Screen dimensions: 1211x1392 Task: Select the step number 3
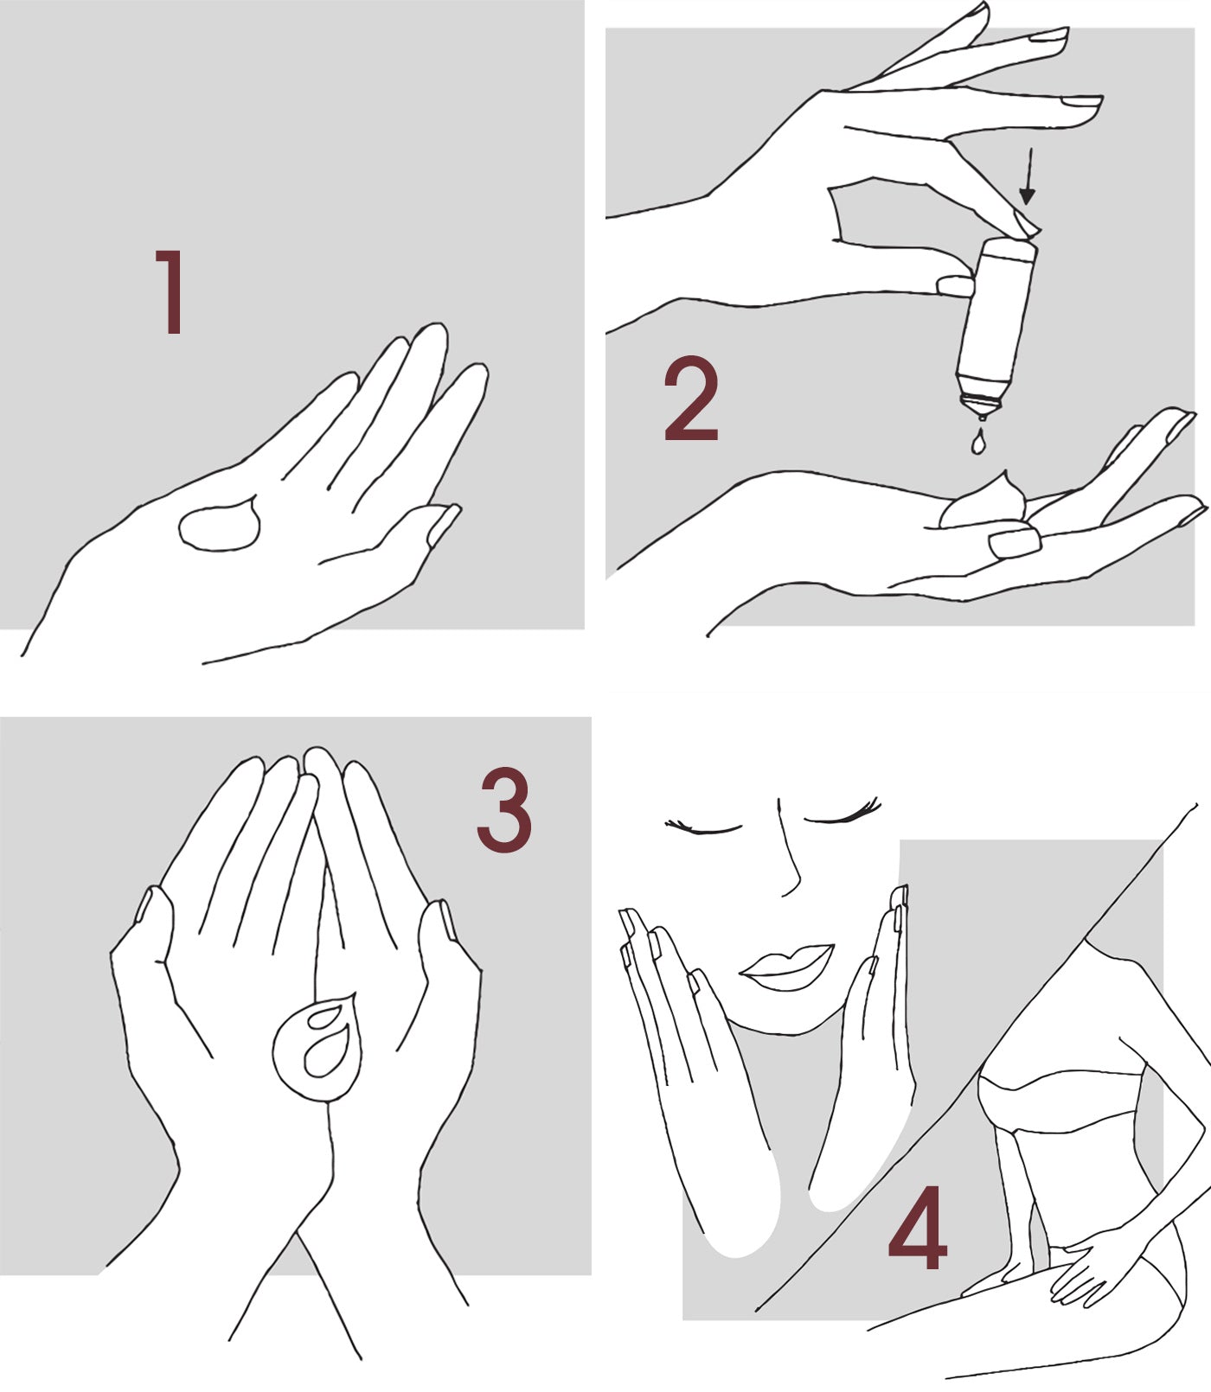(x=504, y=812)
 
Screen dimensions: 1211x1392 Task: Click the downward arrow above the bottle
(x=1027, y=176)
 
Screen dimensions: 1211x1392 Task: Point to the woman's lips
(x=787, y=966)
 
